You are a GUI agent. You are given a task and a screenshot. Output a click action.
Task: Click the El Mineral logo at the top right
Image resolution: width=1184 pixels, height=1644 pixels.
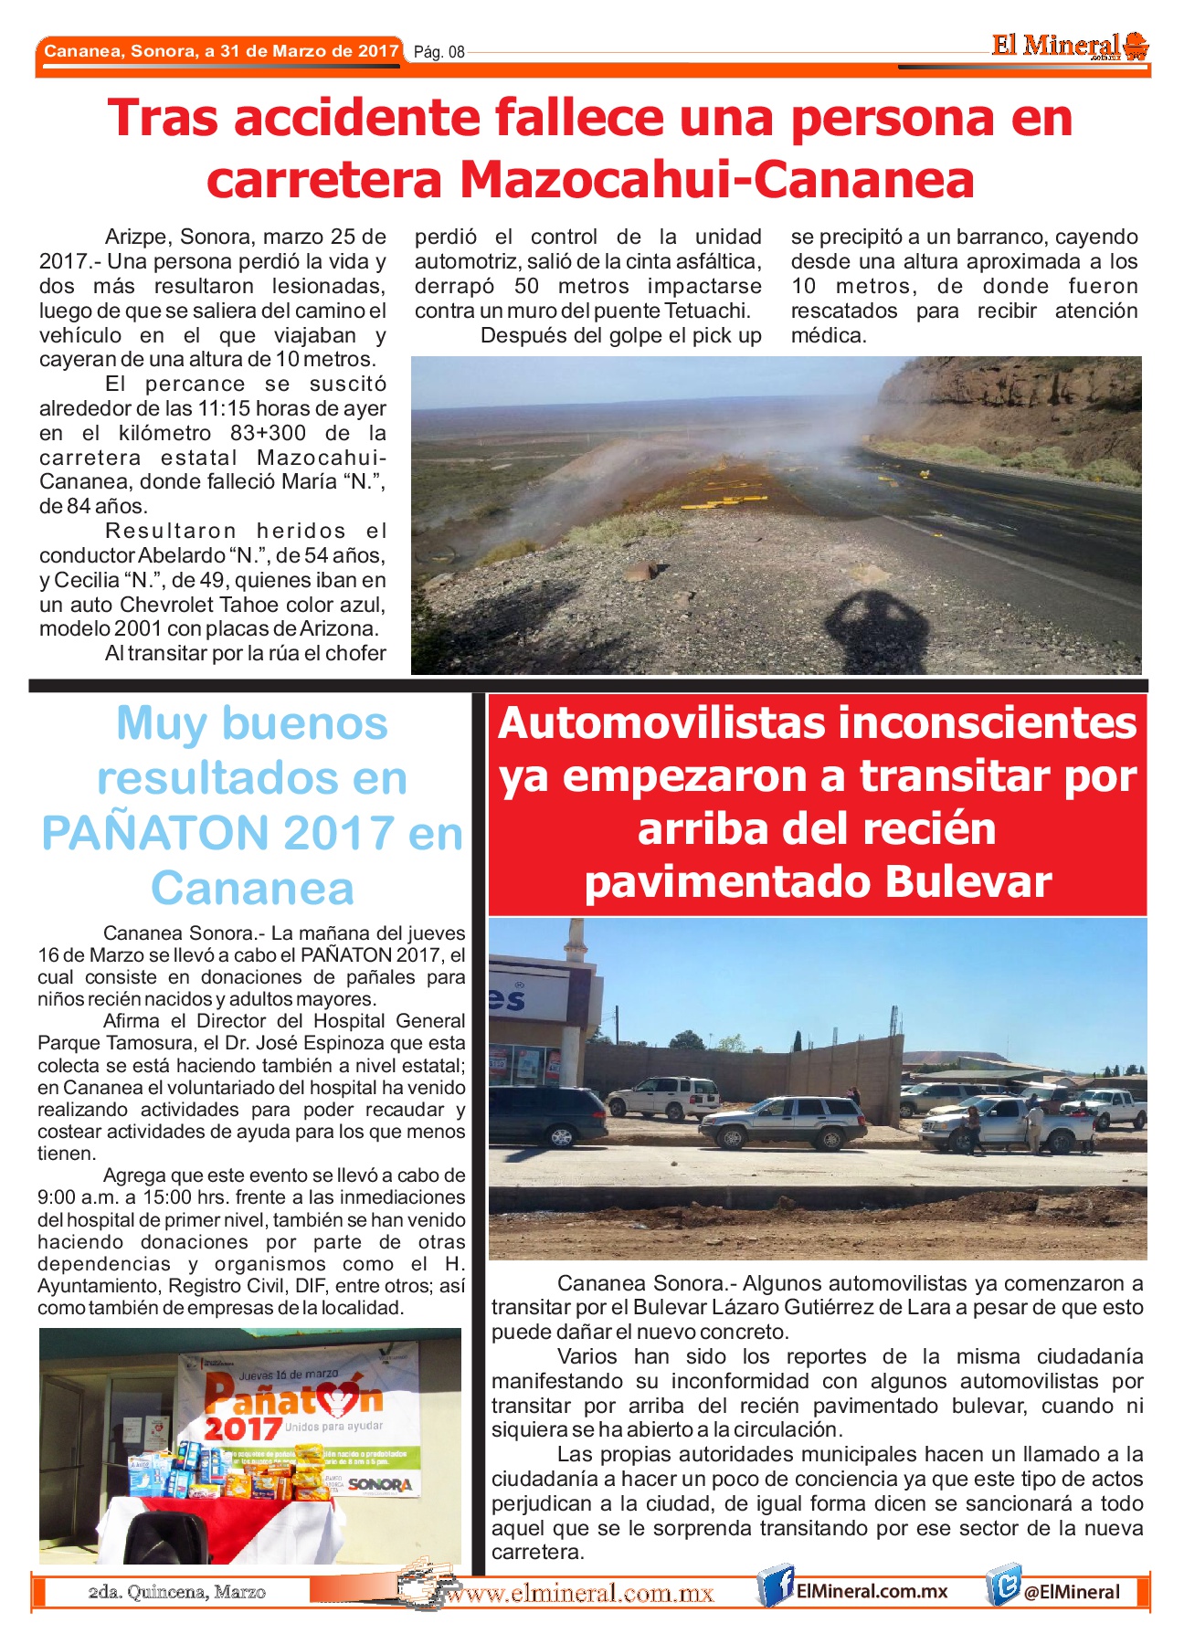[1070, 46]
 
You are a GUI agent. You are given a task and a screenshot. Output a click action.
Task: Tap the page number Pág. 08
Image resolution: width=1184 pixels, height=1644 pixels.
[439, 52]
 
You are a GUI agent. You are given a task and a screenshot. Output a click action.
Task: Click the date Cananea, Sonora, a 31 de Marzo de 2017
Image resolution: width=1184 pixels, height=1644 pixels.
[221, 51]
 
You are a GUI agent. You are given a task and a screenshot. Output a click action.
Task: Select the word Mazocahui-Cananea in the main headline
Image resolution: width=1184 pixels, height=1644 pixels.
[717, 179]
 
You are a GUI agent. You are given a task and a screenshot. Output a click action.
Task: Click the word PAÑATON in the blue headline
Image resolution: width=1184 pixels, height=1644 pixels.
[153, 833]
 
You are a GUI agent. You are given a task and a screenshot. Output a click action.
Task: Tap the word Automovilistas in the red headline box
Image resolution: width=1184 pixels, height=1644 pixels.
[664, 723]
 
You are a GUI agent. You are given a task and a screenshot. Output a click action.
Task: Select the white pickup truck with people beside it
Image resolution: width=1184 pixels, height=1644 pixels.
[1005, 1123]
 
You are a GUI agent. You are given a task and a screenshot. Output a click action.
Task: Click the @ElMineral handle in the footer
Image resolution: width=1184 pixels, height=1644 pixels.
[1071, 1592]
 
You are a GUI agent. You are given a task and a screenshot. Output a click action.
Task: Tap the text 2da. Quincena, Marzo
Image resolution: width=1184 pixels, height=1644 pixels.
[176, 1592]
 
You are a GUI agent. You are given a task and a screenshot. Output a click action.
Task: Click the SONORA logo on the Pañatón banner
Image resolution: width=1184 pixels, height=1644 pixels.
[379, 1484]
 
